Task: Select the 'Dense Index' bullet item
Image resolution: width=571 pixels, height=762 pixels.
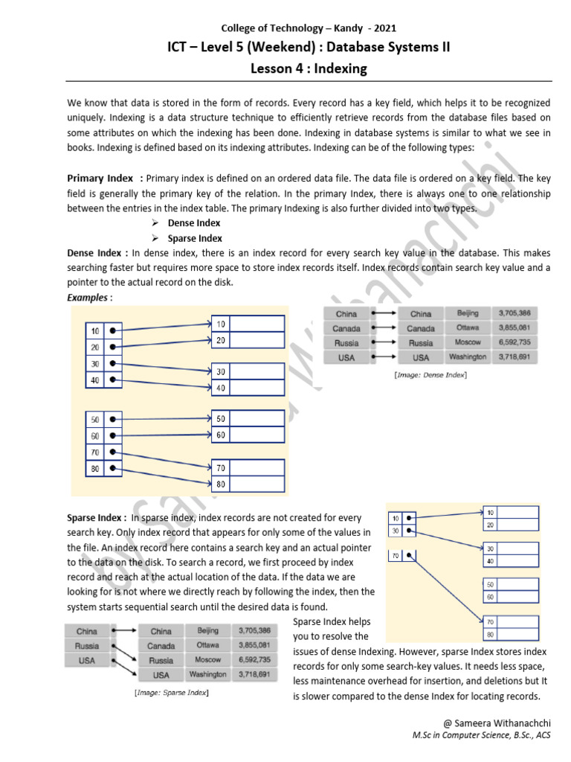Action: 193,223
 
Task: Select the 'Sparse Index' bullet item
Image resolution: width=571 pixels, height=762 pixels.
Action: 195,238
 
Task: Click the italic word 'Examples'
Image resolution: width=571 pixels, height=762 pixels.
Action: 87,298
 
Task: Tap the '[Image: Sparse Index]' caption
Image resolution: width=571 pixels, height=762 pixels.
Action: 171,693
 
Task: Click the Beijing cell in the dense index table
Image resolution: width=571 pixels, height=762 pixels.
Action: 468,314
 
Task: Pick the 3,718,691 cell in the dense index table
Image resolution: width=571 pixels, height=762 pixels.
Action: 514,357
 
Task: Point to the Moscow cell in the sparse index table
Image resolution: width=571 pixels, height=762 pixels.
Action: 208,660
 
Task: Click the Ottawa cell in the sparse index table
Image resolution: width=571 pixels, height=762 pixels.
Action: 208,645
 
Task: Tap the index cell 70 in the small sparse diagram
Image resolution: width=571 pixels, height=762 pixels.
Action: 396,555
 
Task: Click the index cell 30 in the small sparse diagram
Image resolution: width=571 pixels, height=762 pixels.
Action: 396,531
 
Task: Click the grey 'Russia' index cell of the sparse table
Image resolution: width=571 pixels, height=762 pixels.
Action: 87,646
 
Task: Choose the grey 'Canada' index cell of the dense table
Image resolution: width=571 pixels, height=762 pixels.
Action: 346,329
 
